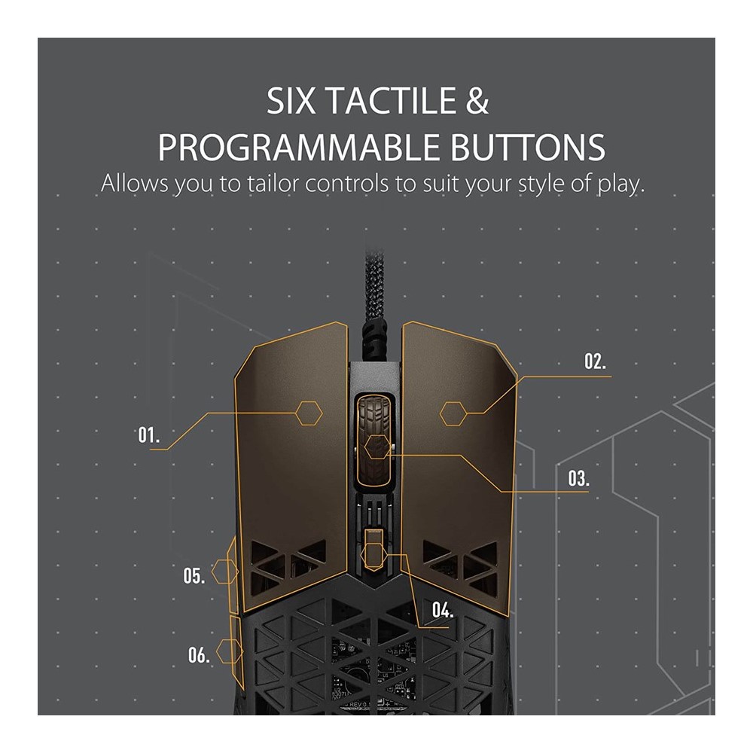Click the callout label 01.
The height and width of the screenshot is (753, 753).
click(148, 435)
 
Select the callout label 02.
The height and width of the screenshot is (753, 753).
click(595, 361)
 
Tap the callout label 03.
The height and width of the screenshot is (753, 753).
click(578, 478)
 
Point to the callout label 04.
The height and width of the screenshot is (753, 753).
click(442, 610)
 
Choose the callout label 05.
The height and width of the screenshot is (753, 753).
click(194, 575)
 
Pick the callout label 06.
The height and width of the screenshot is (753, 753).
click(199, 654)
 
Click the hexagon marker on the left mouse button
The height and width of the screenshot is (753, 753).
click(308, 413)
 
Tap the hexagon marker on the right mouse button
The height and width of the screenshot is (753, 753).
click(453, 413)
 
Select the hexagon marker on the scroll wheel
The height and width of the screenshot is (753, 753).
click(377, 447)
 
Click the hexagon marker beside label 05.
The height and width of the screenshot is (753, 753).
click(224, 572)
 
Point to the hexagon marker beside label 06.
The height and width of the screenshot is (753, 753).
click(230, 651)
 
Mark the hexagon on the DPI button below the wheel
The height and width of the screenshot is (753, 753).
click(374, 556)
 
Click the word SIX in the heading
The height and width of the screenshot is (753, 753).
click(291, 100)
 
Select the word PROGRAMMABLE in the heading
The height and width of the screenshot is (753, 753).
click(299, 147)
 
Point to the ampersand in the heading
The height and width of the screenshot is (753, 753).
click(477, 100)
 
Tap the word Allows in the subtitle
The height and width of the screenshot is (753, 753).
click(135, 184)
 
